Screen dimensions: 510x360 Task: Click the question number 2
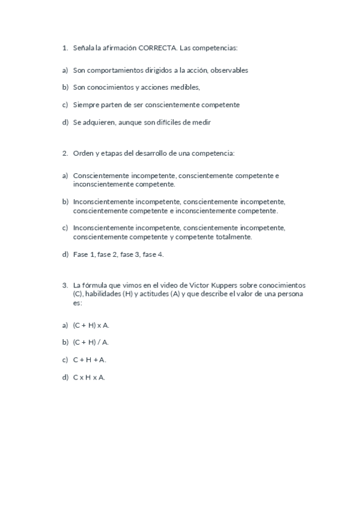(64, 153)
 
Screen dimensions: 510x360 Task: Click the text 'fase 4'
(153, 254)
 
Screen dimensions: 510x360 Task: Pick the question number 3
(64, 284)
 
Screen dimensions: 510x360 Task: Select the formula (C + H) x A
(91, 325)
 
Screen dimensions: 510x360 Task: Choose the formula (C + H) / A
(91, 342)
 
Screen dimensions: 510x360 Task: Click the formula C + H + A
(90, 360)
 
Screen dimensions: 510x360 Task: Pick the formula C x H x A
(90, 377)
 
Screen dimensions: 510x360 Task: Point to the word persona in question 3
(291, 294)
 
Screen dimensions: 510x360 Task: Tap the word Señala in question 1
(83, 47)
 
